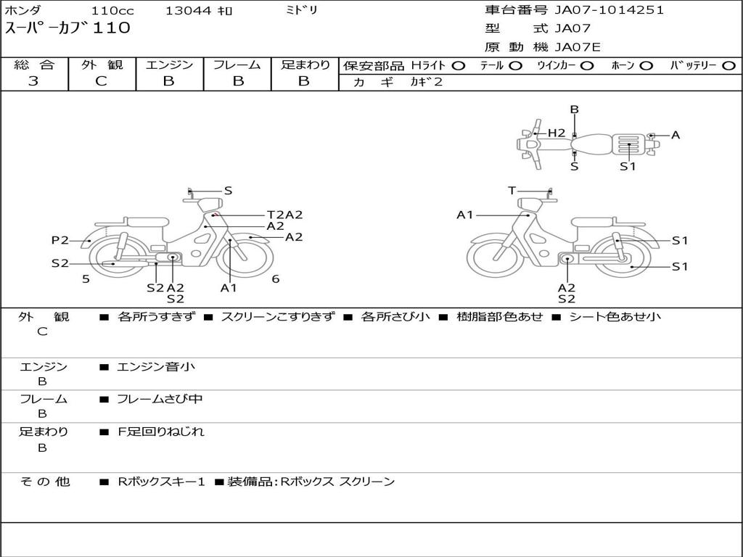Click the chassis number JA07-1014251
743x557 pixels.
coord(609,10)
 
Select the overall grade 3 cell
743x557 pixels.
coord(33,81)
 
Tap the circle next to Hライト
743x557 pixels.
coord(459,66)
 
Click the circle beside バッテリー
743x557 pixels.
coord(728,66)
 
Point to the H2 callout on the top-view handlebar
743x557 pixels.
coord(557,133)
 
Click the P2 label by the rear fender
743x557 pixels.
coord(60,241)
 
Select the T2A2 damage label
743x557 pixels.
coord(284,215)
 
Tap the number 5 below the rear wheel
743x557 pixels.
coord(86,279)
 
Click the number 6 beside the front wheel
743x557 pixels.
coord(276,279)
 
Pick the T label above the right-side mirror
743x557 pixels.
coord(512,191)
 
